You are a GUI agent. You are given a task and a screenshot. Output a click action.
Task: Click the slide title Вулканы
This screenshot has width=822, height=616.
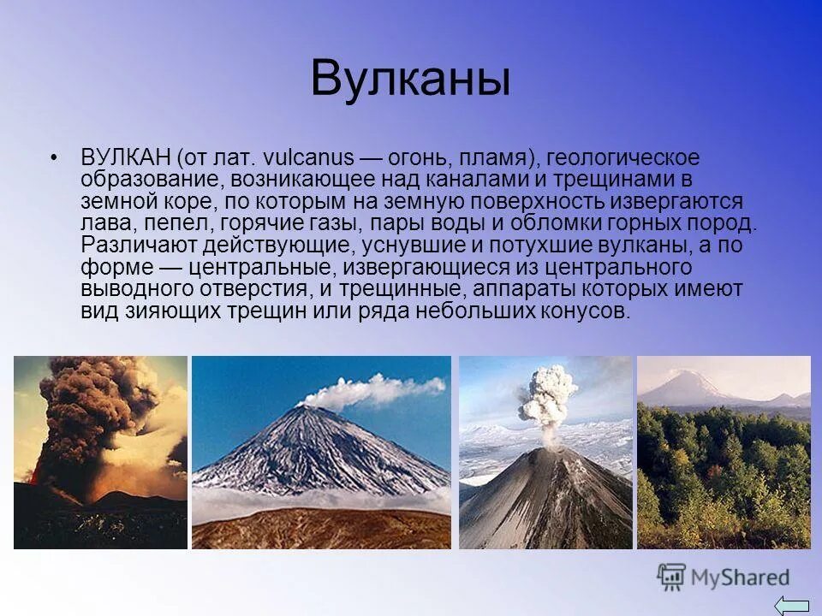coord(410,80)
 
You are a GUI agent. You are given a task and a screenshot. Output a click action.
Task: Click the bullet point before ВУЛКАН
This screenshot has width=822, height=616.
coord(54,158)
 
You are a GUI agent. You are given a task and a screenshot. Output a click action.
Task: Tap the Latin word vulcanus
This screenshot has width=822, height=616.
coord(309,158)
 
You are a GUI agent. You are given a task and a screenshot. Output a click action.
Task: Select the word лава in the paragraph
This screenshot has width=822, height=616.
coord(103,224)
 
